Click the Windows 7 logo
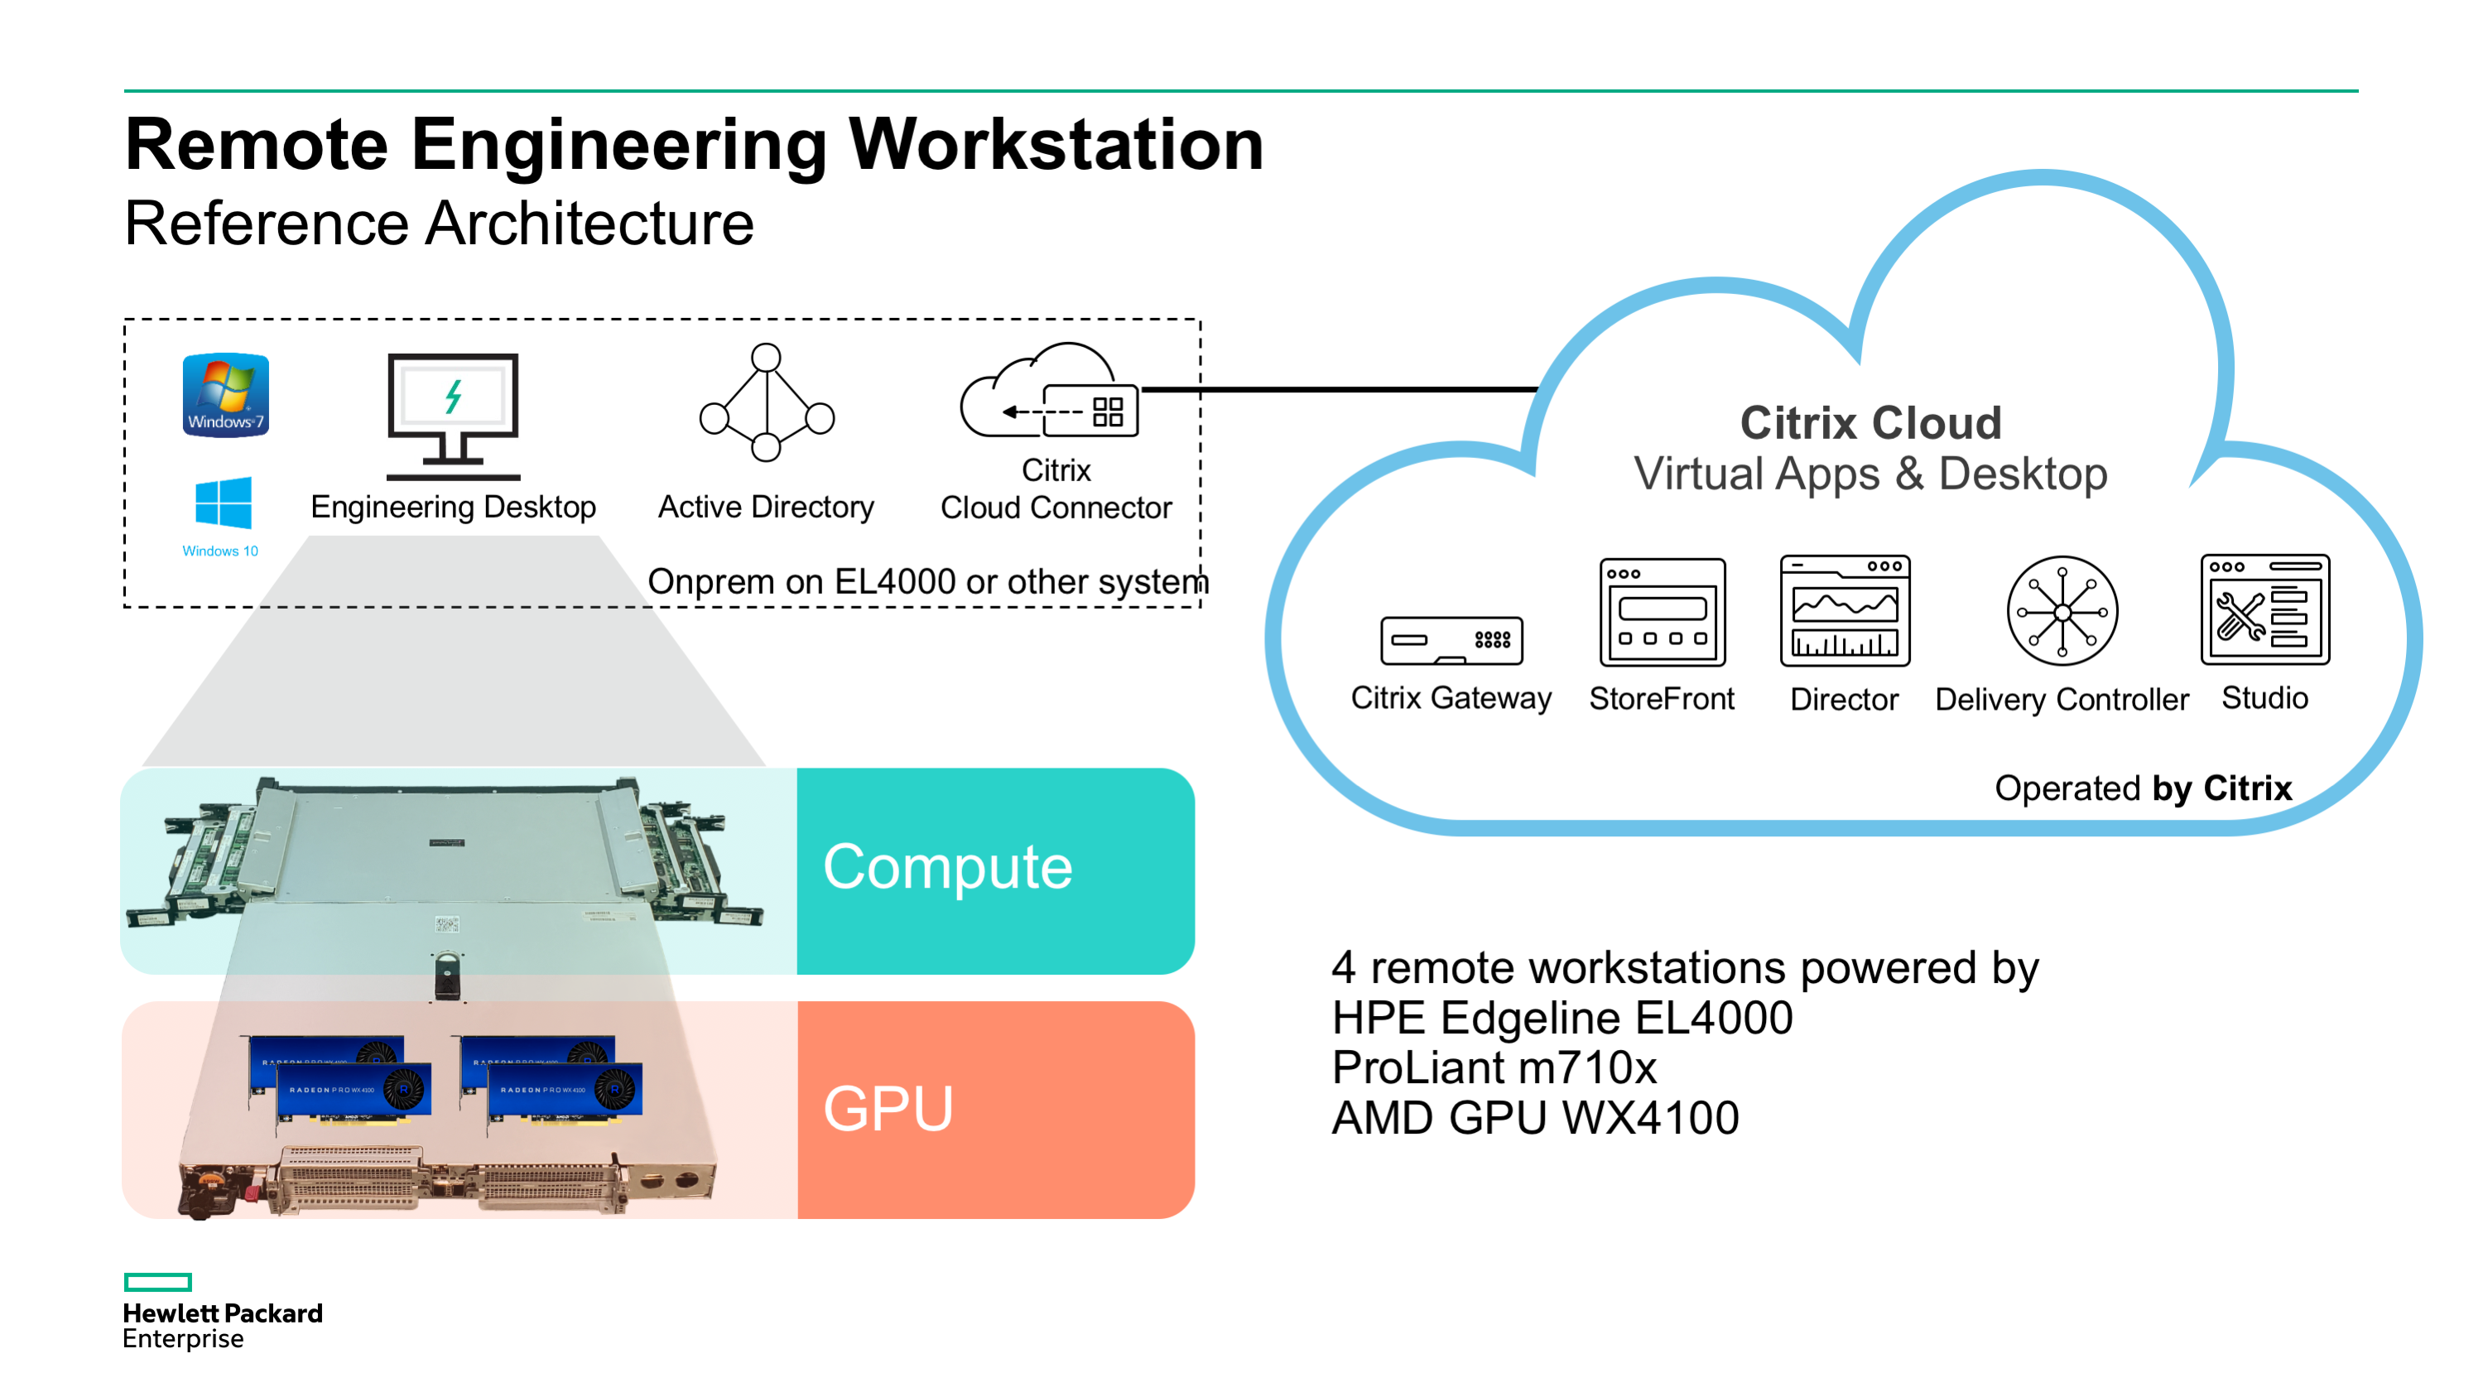(x=225, y=395)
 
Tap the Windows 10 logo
(x=223, y=503)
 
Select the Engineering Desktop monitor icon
(x=453, y=417)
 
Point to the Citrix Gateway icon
(x=1451, y=641)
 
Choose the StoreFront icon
(x=1663, y=612)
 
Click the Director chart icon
(x=1845, y=610)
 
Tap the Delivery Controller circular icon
(x=2062, y=611)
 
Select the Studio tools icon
(x=2265, y=609)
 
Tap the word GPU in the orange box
(x=888, y=1109)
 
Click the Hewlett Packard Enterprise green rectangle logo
(x=158, y=1282)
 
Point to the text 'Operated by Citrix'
(x=2143, y=788)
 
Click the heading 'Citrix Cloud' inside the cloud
(x=1871, y=422)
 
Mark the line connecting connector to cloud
(x=1340, y=389)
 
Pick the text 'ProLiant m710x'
(x=1494, y=1068)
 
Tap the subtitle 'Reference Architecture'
(x=440, y=224)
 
